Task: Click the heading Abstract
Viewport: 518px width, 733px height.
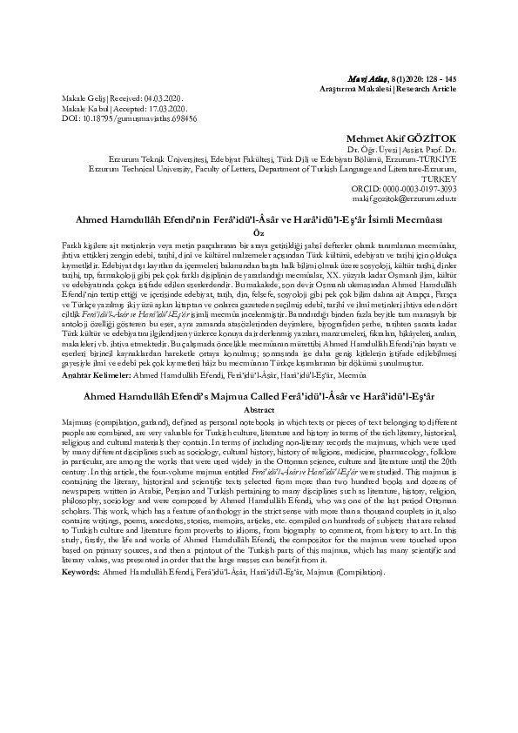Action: coord(259,409)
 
